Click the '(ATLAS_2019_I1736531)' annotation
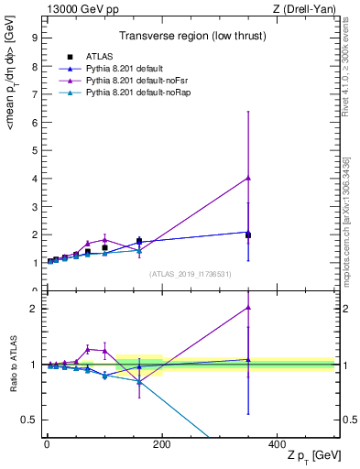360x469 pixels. tap(190, 274)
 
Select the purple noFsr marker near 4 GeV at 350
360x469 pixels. tap(248, 178)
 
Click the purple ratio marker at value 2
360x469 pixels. tap(248, 308)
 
